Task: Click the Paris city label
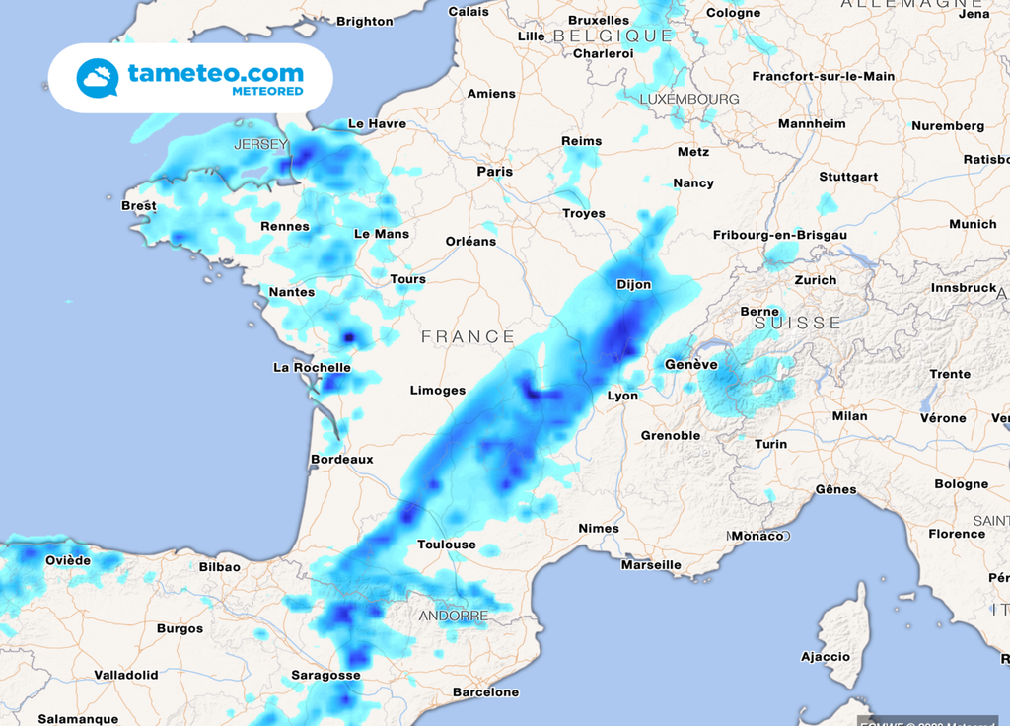[495, 171]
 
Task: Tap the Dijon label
[633, 284]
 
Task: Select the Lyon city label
[622, 396]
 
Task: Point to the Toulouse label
[446, 544]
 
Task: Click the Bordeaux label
[342, 459]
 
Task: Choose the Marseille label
[651, 565]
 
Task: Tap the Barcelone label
[485, 692]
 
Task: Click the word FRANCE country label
[468, 336]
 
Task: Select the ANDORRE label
[454, 616]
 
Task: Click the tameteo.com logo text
[215, 73]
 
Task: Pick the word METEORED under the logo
[267, 92]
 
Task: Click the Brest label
[138, 205]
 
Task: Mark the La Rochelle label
[312, 367]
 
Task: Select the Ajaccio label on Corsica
[826, 656]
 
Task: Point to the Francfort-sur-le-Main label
[824, 76]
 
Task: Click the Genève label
[690, 364]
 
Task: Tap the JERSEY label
[260, 144]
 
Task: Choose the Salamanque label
[78, 719]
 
